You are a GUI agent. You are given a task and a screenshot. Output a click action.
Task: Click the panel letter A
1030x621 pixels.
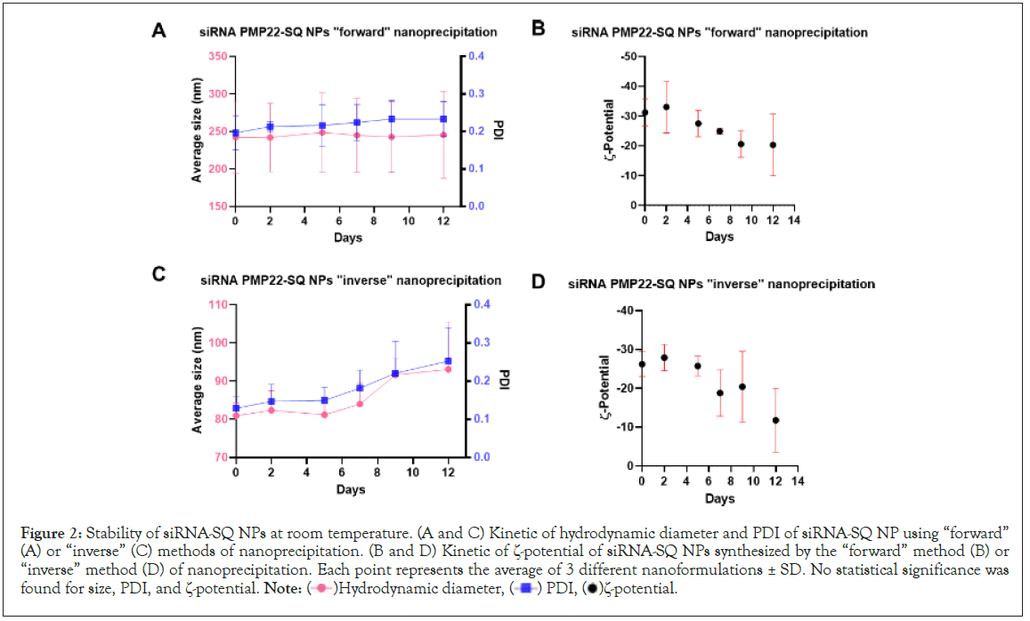(x=159, y=31)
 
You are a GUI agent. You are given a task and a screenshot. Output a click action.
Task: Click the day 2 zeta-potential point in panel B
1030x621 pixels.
(x=666, y=107)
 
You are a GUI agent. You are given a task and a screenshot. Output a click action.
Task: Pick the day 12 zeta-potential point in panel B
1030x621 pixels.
(x=773, y=145)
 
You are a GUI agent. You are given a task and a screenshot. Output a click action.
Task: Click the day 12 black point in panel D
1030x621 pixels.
(x=776, y=420)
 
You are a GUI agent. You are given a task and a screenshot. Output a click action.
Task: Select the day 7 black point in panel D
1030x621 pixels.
(x=719, y=392)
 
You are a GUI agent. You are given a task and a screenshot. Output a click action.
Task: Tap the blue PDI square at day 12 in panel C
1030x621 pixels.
(x=449, y=361)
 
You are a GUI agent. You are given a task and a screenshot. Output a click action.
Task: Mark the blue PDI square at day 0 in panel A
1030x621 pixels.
(x=235, y=133)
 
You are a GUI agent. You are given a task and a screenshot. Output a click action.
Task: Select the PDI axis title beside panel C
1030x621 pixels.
(x=503, y=380)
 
